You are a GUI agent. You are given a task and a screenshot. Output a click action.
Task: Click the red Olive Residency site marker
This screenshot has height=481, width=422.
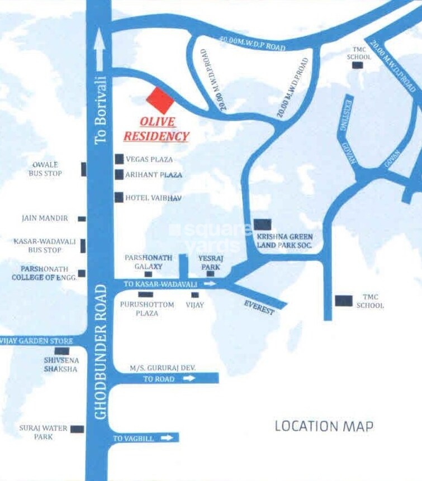160,101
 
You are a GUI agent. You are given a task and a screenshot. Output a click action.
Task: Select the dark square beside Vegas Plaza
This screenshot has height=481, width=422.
119,159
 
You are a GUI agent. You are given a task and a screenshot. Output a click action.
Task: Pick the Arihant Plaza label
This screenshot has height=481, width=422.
154,175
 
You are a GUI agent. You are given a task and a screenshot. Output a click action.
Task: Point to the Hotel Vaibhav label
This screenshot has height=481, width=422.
154,198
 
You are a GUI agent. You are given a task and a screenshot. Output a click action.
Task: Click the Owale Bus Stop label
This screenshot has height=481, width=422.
45,169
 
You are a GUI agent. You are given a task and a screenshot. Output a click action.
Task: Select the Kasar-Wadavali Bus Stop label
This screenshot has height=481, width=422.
38,246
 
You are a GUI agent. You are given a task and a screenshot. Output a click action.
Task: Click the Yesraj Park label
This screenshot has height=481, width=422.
211,263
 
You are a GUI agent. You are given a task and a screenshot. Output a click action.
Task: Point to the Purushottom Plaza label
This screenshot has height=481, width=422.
147,309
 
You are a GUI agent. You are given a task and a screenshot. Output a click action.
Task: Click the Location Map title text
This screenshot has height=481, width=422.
324,426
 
